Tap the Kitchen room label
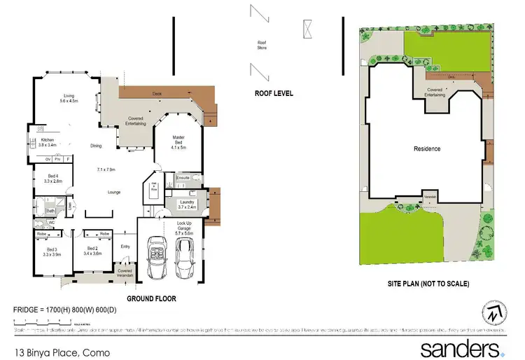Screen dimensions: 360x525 (48, 142)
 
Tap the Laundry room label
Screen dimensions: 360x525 (185, 204)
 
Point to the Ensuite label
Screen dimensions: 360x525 (183, 178)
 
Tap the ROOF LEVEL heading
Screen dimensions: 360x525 (274, 92)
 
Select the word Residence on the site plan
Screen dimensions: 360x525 (427, 148)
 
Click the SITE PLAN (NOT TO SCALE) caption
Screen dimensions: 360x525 (428, 284)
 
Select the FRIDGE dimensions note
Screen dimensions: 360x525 (73, 309)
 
